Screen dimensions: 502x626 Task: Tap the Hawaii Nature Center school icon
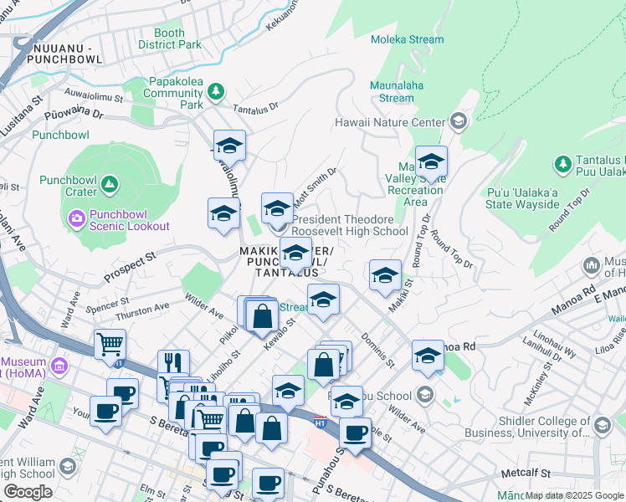coord(458,122)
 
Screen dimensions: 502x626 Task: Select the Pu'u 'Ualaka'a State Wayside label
coord(523,197)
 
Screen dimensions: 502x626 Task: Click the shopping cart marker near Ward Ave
coord(110,344)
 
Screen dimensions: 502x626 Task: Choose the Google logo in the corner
coord(28,492)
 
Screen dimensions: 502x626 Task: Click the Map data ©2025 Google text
coord(574,495)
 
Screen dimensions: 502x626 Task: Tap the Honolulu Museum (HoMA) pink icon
coord(58,366)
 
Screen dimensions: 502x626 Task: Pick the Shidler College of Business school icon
coord(602,427)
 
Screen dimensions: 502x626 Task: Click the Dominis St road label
coord(377,351)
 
